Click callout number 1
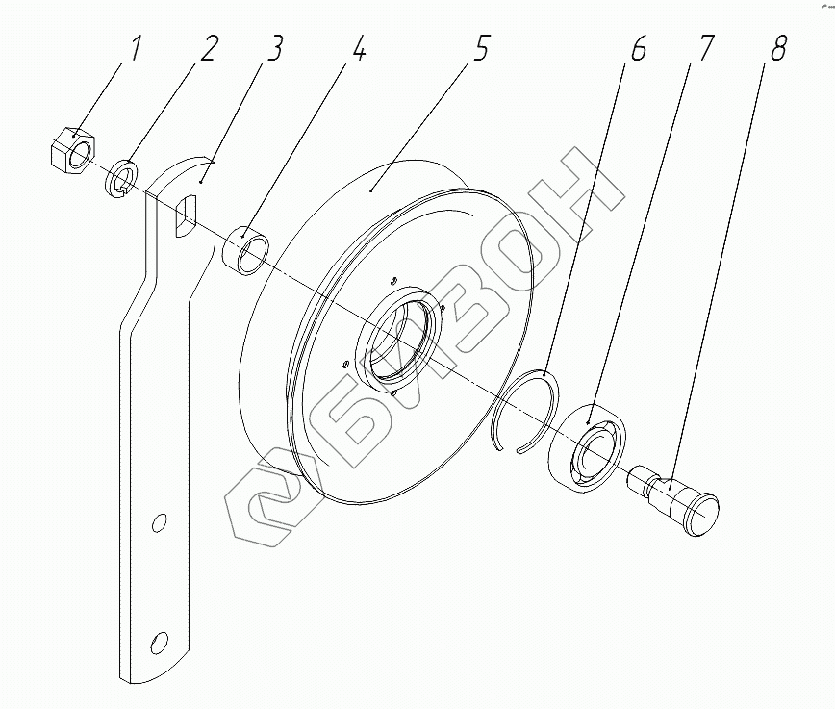[x=135, y=48]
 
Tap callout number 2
[x=209, y=48]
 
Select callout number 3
[x=276, y=48]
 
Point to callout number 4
[x=359, y=48]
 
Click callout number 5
[x=480, y=48]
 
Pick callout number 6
[x=638, y=48]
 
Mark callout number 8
[x=778, y=48]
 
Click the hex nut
[x=71, y=150]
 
